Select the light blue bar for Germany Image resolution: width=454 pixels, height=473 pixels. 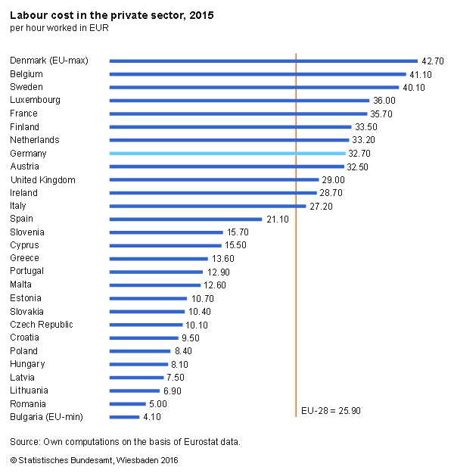(227, 153)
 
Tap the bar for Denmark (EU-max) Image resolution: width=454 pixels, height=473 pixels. (263, 61)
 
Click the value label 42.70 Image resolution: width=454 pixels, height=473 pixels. (433, 61)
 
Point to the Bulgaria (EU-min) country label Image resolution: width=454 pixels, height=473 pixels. (46, 417)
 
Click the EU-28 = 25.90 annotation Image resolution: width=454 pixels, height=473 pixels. (330, 410)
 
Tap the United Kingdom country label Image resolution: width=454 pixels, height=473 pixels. (42, 179)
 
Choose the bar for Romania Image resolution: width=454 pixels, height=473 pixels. (127, 404)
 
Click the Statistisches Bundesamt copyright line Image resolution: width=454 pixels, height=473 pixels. (95, 459)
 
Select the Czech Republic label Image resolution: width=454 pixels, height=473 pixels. (42, 325)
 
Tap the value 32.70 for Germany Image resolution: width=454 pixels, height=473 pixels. (359, 153)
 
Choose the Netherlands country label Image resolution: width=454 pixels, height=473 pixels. (35, 140)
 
